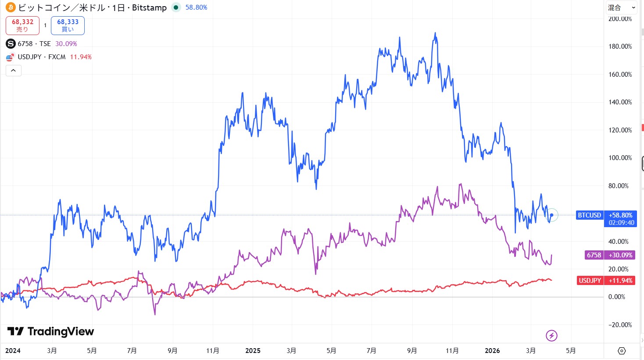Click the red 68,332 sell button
(22, 25)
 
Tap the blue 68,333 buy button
(68, 25)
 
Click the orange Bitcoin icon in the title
(11, 7)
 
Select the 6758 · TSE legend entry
(34, 44)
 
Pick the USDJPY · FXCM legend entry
(42, 57)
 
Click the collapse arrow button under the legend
(14, 70)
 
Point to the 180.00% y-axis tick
(620, 46)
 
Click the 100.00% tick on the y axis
(620, 158)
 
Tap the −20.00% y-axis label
(619, 325)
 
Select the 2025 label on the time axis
(253, 351)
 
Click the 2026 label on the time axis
(492, 351)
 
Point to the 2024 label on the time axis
(13, 351)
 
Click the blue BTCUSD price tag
(589, 215)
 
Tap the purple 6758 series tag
(594, 255)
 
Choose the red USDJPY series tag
(590, 281)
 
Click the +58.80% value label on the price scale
(620, 215)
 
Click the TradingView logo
(50, 331)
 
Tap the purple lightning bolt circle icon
(551, 336)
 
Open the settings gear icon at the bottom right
(622, 351)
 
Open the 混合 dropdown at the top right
(621, 7)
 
